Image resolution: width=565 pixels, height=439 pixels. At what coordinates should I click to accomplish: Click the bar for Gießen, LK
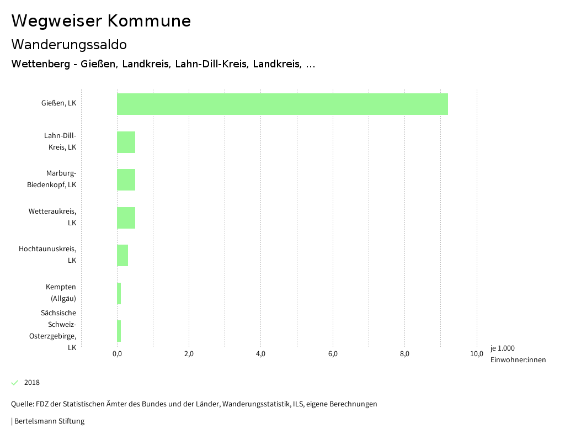pos(282,104)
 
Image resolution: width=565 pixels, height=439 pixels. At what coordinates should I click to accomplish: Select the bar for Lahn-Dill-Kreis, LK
pos(126,142)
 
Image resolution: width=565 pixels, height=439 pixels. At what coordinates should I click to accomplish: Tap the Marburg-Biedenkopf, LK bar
pos(126,180)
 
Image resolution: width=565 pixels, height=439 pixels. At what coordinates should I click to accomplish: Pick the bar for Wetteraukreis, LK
pos(126,218)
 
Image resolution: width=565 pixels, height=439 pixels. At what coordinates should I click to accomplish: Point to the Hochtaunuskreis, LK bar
pos(122,255)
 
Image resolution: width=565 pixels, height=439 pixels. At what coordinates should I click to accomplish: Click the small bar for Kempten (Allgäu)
pos(119,293)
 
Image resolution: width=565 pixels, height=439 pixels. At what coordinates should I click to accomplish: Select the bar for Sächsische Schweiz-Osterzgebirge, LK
pos(119,331)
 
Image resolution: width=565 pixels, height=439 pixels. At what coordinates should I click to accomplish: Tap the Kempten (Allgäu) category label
pos(61,293)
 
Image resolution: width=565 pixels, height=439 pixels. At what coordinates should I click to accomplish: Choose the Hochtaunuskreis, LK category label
pos(47,255)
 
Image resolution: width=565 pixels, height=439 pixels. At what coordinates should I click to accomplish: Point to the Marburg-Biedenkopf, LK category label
pos(52,179)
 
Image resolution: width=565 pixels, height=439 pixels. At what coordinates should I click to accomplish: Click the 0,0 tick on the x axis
pos(117,354)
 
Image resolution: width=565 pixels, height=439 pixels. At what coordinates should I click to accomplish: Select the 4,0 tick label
pos(261,354)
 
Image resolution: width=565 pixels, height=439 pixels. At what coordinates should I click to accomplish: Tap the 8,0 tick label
pos(404,354)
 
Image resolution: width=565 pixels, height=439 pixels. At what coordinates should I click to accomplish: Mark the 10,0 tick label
pos(477,354)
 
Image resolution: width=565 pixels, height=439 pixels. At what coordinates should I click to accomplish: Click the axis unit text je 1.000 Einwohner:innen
pos(518,354)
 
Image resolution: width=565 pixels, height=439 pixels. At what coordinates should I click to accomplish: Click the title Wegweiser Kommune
pos(101,21)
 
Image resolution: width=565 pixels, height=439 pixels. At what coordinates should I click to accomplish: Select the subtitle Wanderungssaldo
pos(69,45)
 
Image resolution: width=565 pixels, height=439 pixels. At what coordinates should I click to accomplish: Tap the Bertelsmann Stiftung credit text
pos(49,421)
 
